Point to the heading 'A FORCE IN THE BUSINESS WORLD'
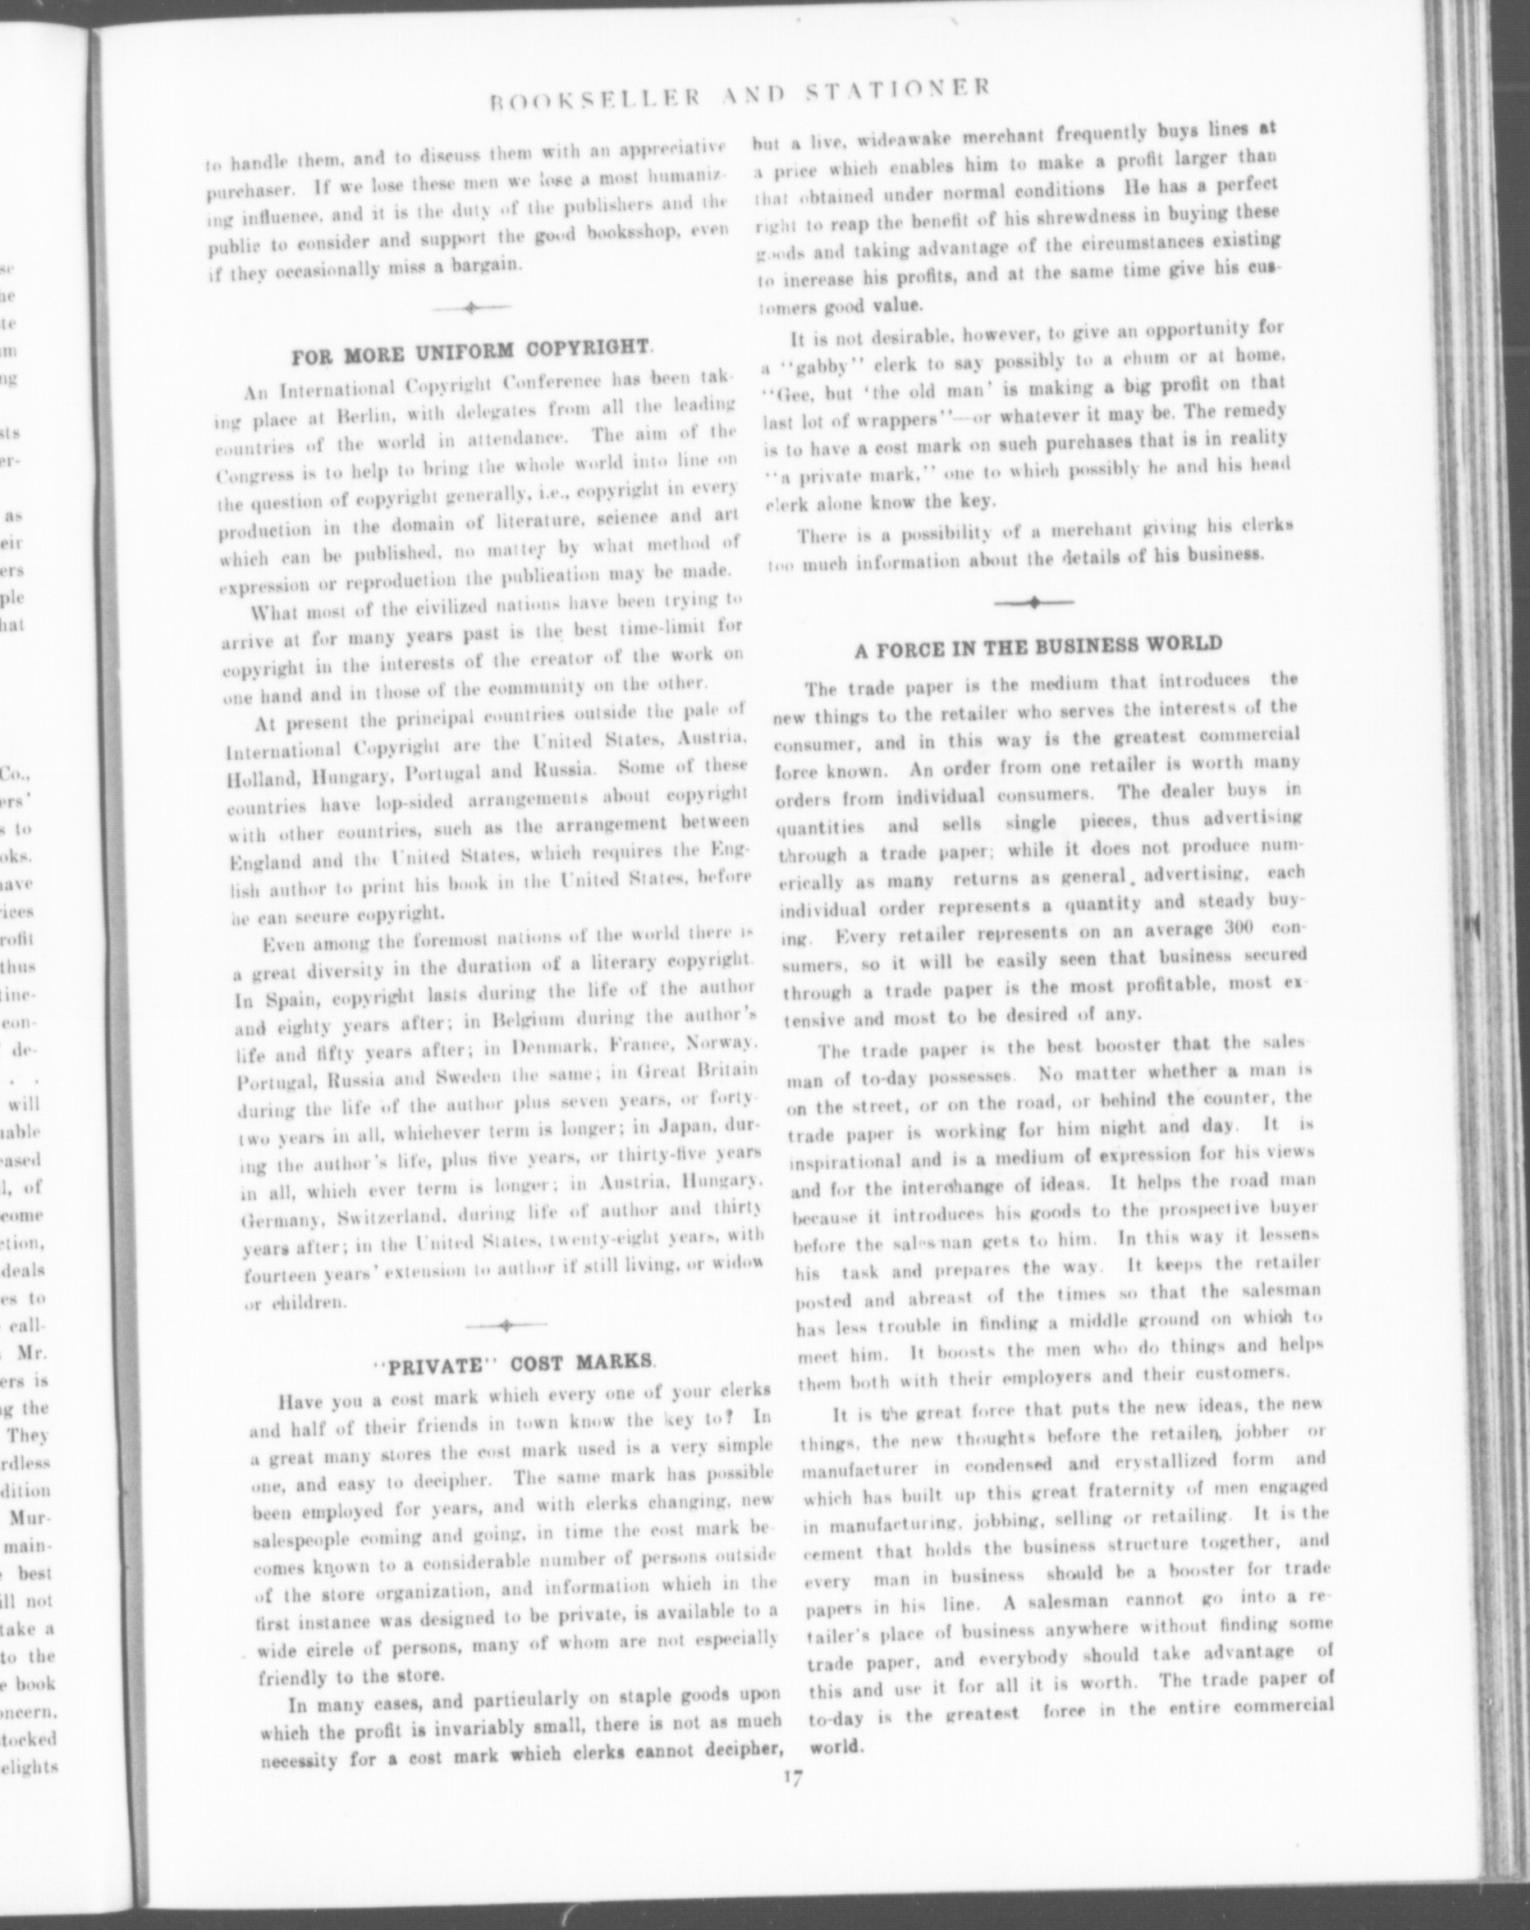coord(1038,647)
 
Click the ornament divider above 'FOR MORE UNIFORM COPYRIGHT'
coord(471,308)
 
